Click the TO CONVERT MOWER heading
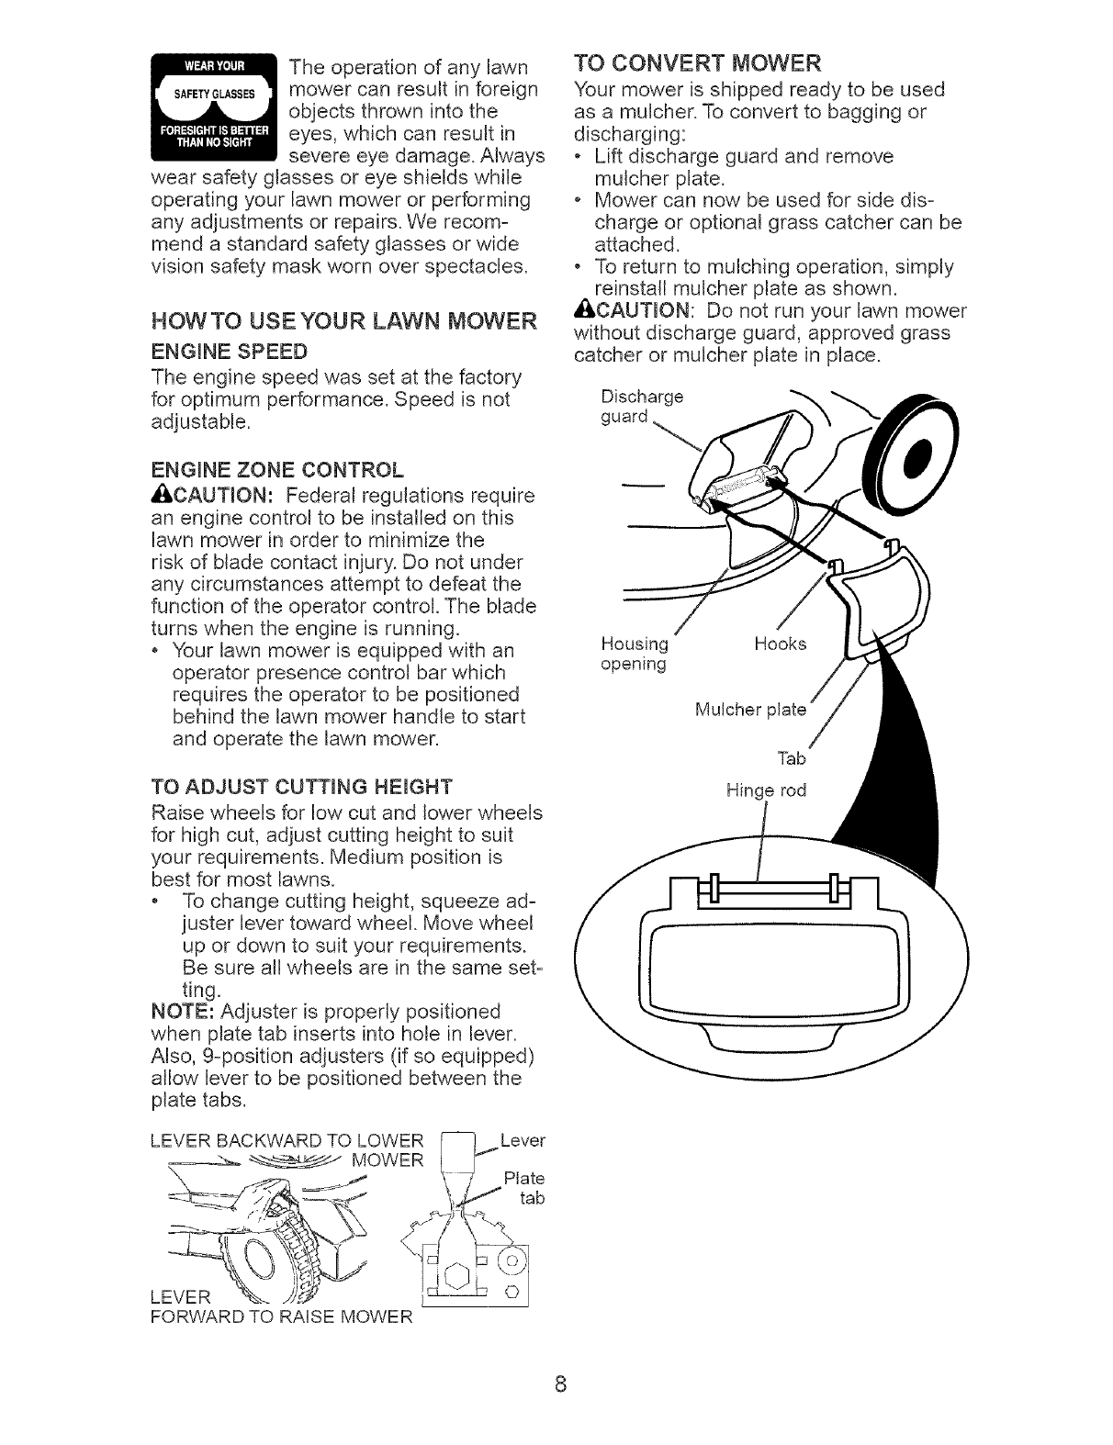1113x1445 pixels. pyautogui.click(x=697, y=64)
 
